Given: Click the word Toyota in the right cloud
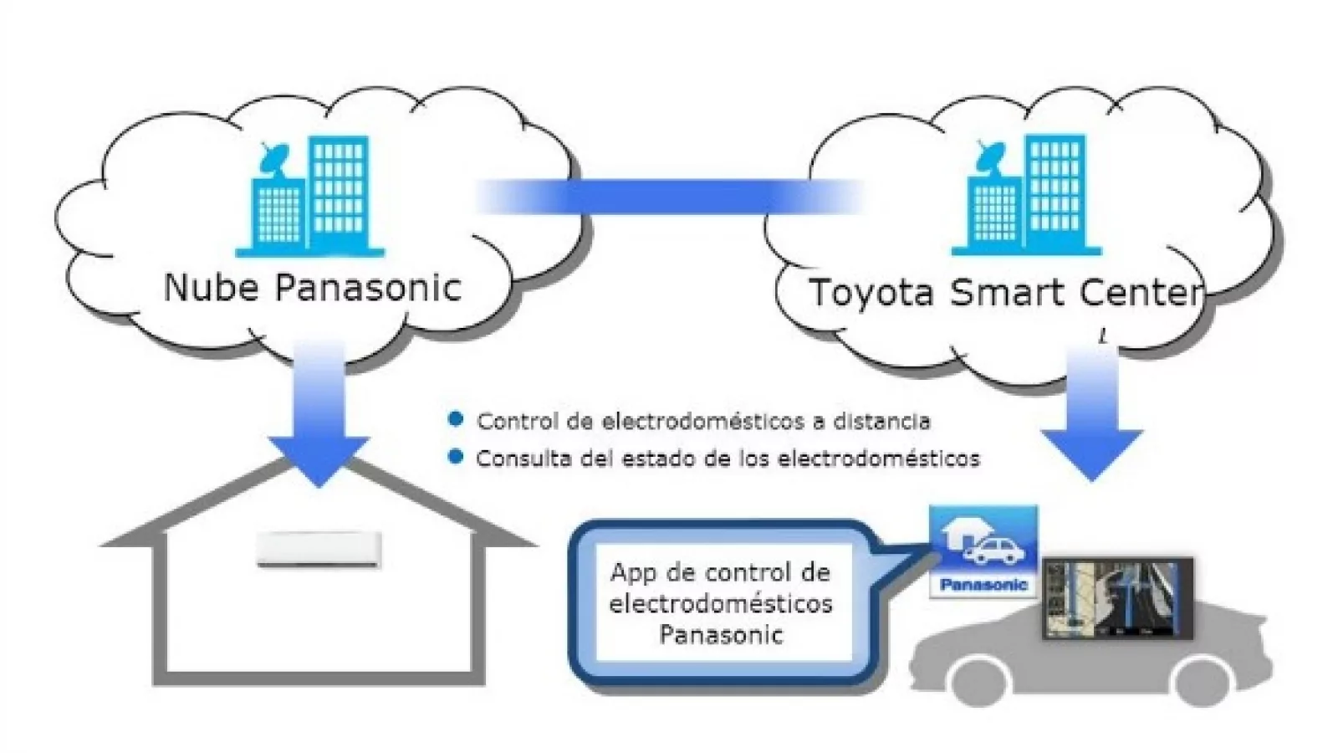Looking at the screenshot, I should pyautogui.click(x=871, y=293).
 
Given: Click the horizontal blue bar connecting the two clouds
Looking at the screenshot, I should pyautogui.click(x=669, y=197).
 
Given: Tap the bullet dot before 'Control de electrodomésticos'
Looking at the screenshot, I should pyautogui.click(x=456, y=419).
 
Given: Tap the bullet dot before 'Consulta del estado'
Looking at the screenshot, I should pyautogui.click(x=456, y=457).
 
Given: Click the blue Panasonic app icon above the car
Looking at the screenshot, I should pyautogui.click(x=983, y=552).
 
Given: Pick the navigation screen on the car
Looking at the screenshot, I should pyautogui.click(x=1116, y=599).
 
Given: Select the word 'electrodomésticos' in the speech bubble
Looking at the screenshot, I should pyautogui.click(x=720, y=604).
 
